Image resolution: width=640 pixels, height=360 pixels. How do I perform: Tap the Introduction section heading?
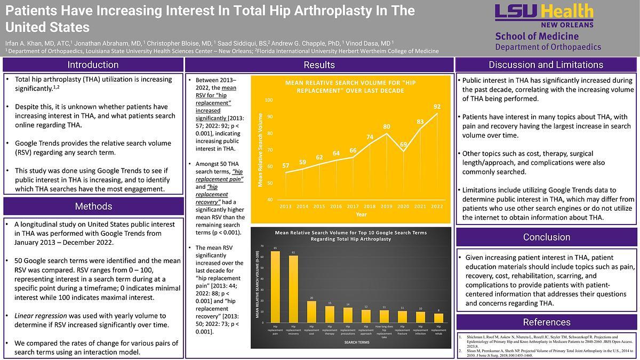pos(93,65)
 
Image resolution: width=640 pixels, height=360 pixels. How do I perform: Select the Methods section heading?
pos(93,206)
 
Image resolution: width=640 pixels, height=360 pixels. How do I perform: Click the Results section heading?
pos(319,65)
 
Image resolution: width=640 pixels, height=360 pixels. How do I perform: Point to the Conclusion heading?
pos(547,237)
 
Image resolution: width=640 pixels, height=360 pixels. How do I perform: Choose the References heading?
pos(547,322)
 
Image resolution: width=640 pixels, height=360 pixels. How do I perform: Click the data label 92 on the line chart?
pos(437,107)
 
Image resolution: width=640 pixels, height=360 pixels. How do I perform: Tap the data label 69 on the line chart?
pos(404,145)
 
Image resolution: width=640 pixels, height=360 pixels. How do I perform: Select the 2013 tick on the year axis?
pos(285,206)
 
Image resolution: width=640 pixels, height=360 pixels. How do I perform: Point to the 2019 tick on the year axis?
pos(386,206)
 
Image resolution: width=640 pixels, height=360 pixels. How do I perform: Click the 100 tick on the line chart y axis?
pos(268,100)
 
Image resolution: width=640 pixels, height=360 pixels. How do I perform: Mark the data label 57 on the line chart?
pos(286,165)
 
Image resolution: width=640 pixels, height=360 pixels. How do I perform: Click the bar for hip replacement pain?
pos(275,287)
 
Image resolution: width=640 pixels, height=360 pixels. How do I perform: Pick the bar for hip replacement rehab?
pos(438,318)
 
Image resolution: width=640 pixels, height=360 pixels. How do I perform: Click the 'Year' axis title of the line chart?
pos(362,214)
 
